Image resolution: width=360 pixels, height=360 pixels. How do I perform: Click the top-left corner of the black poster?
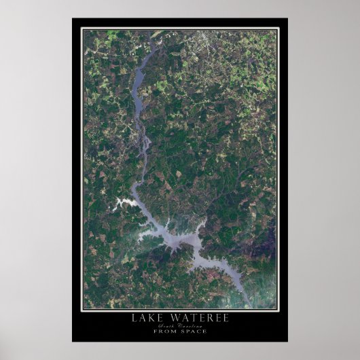click(x=72, y=19)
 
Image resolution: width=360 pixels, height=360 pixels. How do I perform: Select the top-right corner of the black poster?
click(x=287, y=19)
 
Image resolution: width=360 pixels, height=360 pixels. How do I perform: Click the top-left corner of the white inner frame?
click(x=81, y=28)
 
